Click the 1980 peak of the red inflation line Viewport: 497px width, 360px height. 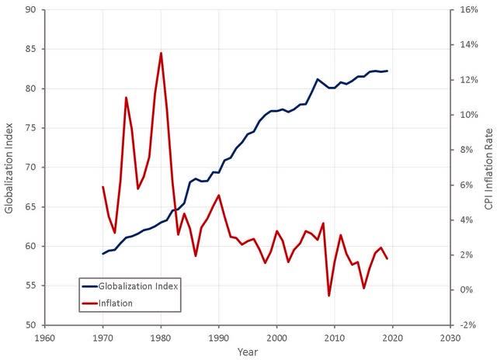161,53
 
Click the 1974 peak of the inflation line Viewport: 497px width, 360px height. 126,98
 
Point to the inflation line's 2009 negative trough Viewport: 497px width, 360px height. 328,296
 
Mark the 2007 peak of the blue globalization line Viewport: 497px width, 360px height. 317,79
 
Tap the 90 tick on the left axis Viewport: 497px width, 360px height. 32,10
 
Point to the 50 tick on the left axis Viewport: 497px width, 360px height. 32,325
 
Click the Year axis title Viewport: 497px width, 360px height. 247,351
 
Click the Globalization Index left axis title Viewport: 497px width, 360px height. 9,168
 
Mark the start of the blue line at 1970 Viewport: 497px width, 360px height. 103,254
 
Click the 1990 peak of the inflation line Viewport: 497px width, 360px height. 219,196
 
